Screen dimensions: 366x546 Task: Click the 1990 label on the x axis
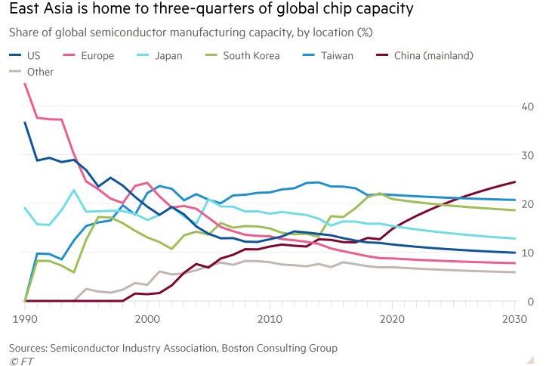click(25, 320)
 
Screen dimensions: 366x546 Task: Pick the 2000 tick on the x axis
click(148, 320)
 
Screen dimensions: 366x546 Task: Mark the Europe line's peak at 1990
click(25, 83)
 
